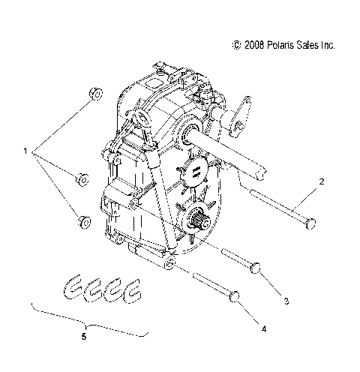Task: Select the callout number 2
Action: [x=322, y=182]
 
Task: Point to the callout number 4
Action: [x=262, y=328]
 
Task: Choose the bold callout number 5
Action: [x=84, y=337]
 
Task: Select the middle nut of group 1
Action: [x=82, y=179]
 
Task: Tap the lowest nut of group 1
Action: [x=82, y=223]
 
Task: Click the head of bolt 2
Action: [x=310, y=223]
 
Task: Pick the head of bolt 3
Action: [x=256, y=267]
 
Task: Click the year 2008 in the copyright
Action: [x=254, y=46]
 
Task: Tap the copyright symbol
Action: [x=237, y=46]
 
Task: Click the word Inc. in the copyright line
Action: [x=327, y=46]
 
